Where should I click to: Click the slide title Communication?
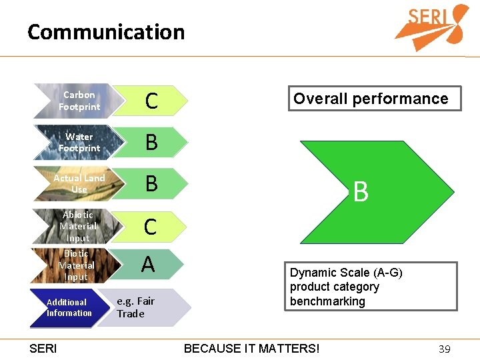point(106,32)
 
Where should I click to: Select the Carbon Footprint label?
point(79,101)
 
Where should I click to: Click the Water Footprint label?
point(79,143)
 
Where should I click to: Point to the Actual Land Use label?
point(79,184)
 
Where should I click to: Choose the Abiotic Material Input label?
point(78,226)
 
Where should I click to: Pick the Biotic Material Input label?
point(77,265)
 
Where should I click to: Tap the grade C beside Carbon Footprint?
point(151,101)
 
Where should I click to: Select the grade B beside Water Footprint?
point(151,143)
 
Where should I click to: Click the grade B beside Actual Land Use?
point(151,184)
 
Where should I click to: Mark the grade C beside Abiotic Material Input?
point(151,227)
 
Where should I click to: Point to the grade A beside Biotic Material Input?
point(148,265)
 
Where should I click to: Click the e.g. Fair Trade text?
point(135,307)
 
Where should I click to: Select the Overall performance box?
point(371,99)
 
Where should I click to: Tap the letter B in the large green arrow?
point(361,192)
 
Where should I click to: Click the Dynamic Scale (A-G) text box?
point(372,287)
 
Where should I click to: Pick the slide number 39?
point(445,349)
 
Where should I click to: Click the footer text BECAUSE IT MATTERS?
point(251,349)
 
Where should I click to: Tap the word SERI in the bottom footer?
point(44,349)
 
